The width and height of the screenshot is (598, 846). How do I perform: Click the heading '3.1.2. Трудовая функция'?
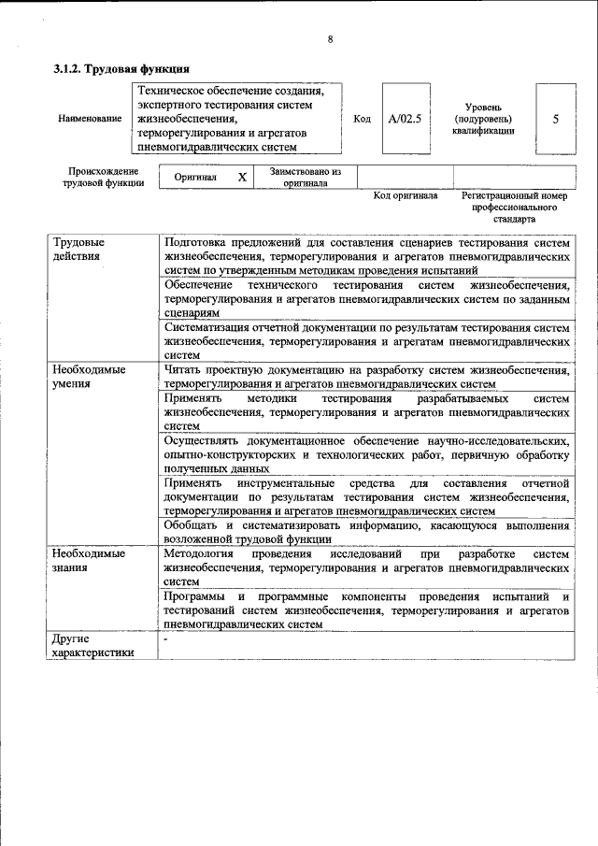[121, 69]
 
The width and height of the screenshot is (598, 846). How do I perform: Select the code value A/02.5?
[406, 119]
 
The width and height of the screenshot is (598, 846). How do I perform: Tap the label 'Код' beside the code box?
[363, 119]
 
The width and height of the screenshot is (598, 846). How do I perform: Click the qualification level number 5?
[556, 119]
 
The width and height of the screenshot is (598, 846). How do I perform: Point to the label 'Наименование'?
[89, 119]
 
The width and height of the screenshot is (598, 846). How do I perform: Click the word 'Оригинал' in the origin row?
[196, 177]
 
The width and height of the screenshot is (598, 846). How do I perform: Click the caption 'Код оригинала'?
[406, 196]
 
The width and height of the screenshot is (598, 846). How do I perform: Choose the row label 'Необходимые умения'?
[90, 376]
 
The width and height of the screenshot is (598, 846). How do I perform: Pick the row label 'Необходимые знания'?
[90, 560]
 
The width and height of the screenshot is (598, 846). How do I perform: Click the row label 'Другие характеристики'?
[94, 646]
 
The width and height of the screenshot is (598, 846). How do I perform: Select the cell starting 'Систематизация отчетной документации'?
[365, 341]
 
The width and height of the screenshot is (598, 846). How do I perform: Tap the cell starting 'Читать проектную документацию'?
[365, 376]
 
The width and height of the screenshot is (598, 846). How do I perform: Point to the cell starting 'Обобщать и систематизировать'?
[365, 532]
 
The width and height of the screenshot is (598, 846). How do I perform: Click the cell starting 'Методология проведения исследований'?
[365, 566]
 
